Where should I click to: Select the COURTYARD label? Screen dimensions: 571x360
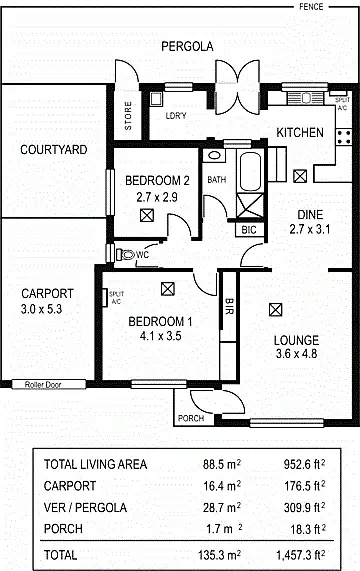pos(54,150)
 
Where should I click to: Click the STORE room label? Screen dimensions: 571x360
pos(127,116)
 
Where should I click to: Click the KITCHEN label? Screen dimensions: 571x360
pos(300,133)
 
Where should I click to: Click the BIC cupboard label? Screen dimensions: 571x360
pos(250,229)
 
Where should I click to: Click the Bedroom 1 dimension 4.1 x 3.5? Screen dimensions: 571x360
pos(160,337)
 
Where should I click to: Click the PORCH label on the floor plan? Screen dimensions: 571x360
pos(190,418)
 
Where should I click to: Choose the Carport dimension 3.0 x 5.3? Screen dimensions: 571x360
pos(47,309)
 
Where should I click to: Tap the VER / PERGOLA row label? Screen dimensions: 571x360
pos(87,507)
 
